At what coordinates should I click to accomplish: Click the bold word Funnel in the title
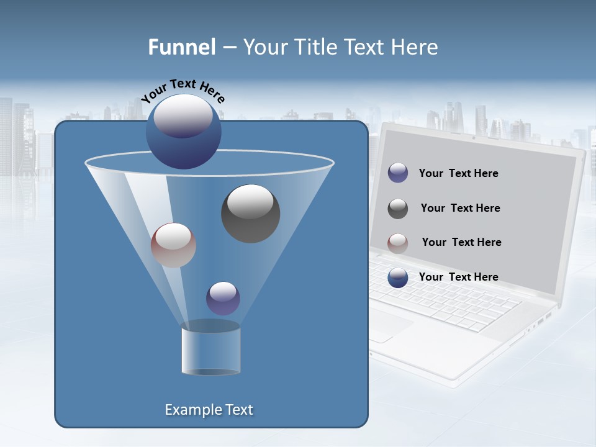(181, 47)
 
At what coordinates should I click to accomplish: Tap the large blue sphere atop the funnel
(183, 132)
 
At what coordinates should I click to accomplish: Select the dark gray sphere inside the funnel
(250, 213)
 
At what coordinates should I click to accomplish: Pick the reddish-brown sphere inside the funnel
(173, 245)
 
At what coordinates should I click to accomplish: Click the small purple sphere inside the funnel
(223, 298)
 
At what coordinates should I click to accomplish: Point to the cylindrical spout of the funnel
(210, 351)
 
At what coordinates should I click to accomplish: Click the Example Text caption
(209, 410)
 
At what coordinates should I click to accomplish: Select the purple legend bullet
(398, 173)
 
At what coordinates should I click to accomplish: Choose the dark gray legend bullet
(398, 208)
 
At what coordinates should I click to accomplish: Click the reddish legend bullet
(398, 243)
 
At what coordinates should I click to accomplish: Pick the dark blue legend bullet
(398, 278)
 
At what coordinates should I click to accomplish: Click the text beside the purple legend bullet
(458, 174)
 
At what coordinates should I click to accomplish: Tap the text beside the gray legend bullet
(460, 209)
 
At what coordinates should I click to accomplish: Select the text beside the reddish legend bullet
(461, 243)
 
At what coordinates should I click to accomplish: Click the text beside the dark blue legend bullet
(458, 278)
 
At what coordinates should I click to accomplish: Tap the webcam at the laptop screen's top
(473, 137)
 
